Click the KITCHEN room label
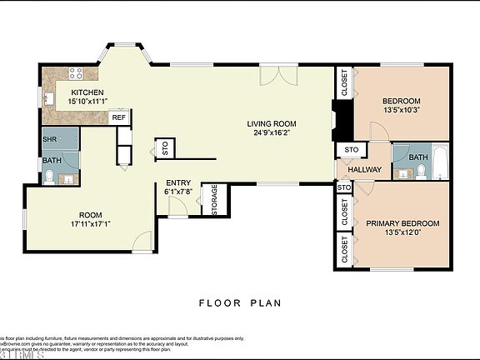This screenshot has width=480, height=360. (87, 92)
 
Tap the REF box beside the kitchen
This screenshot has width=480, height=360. (119, 117)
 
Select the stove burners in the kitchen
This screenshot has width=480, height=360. (74, 72)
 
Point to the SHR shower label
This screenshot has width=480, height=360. (50, 138)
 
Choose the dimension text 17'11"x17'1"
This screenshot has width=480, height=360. (91, 223)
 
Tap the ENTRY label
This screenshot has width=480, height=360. (178, 183)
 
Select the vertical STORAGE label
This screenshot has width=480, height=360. (214, 201)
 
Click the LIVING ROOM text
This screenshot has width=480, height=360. (272, 124)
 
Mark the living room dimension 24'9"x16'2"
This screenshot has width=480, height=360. (272, 133)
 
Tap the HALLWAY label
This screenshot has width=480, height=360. (364, 169)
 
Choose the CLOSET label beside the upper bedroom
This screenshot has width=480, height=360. (344, 82)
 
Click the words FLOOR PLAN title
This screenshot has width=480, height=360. (240, 303)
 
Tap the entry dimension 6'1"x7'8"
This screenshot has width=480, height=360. (178, 192)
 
